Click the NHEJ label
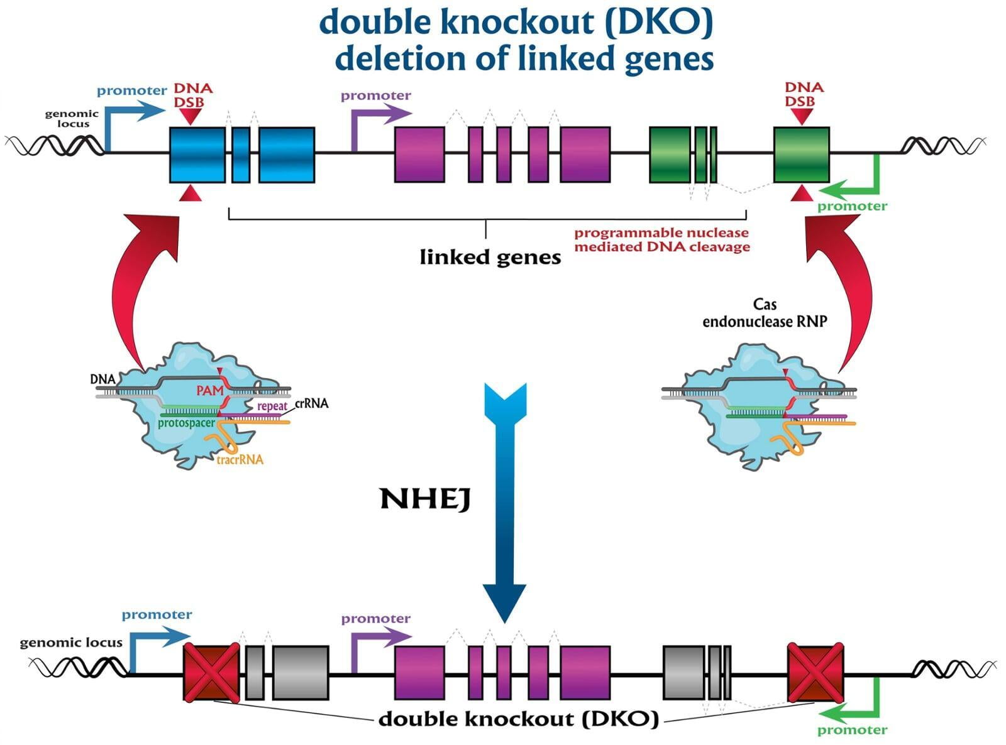point(425,499)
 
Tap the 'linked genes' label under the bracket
point(490,257)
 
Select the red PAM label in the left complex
point(209,391)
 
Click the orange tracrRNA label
point(240,460)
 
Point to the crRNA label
point(311,403)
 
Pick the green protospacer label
point(186,423)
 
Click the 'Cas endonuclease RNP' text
point(765,313)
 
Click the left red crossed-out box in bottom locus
point(211,672)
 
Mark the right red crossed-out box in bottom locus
point(815,672)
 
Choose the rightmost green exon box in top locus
point(801,155)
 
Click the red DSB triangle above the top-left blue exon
point(190,116)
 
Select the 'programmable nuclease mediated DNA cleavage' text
point(661,239)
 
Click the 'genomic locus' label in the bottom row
point(71,643)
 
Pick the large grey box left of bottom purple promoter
point(301,672)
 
